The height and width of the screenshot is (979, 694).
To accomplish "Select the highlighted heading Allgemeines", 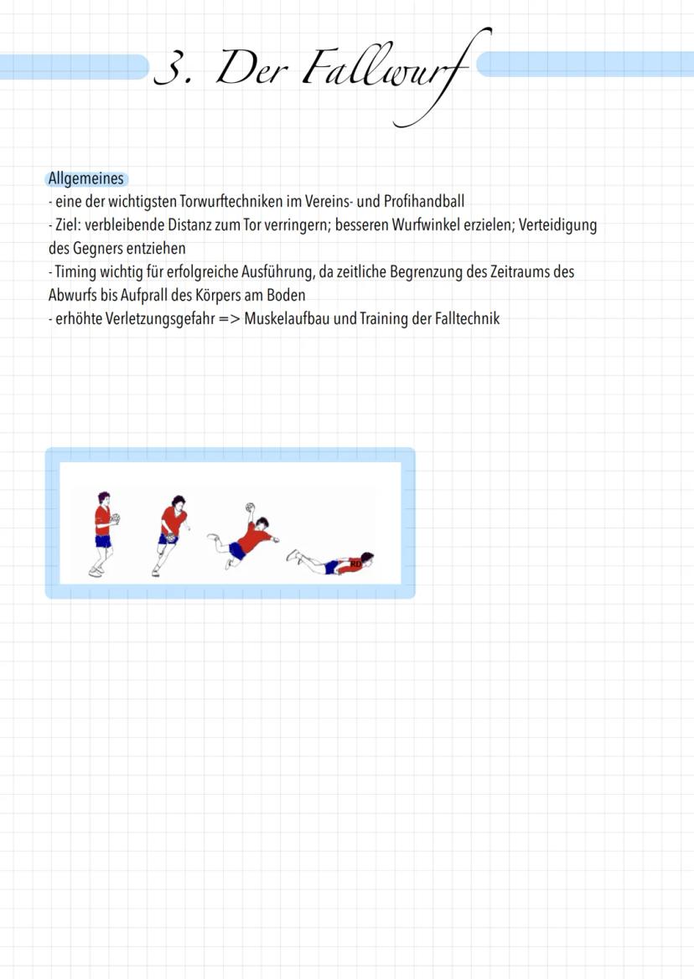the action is (86, 179).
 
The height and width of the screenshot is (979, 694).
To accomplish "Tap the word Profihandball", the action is (424, 202).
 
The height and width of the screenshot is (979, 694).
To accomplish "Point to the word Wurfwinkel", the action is (426, 224).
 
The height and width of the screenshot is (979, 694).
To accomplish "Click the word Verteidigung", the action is (558, 224).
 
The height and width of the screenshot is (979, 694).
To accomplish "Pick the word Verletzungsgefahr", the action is (160, 318).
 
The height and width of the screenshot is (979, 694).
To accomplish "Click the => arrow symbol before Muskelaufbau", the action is (230, 319).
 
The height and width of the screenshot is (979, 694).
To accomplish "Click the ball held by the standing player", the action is (115, 519).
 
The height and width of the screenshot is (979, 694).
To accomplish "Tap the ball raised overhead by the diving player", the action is (251, 507).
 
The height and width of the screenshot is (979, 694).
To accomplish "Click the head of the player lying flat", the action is (366, 557).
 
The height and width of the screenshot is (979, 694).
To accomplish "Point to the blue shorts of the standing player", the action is (103, 541).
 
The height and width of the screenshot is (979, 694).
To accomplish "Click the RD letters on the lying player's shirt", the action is (355, 564).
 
